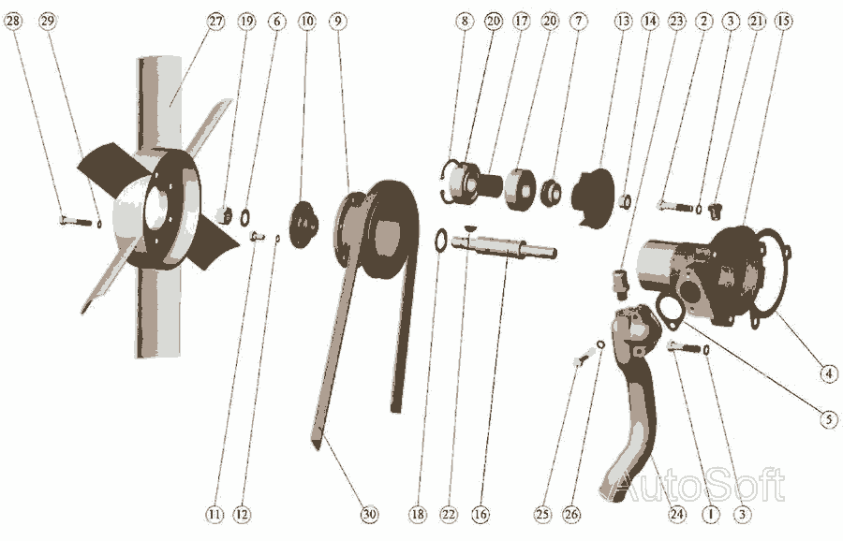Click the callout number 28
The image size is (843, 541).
(x=13, y=22)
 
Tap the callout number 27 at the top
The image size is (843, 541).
(x=215, y=22)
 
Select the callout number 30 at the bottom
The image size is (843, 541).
(x=369, y=514)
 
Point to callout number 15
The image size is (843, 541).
(x=783, y=22)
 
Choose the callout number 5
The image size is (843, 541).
(x=829, y=419)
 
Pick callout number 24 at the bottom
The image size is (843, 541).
(x=677, y=514)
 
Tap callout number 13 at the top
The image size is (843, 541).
(x=623, y=22)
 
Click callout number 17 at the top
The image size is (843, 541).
(x=521, y=22)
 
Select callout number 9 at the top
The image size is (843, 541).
(x=337, y=22)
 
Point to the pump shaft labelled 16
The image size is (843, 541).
(x=503, y=246)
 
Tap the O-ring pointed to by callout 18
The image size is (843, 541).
(x=440, y=241)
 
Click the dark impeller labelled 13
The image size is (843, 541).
(x=593, y=197)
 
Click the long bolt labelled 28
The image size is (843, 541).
(x=77, y=220)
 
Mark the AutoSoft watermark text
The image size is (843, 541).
(x=699, y=485)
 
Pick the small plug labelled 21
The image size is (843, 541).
(x=714, y=211)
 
